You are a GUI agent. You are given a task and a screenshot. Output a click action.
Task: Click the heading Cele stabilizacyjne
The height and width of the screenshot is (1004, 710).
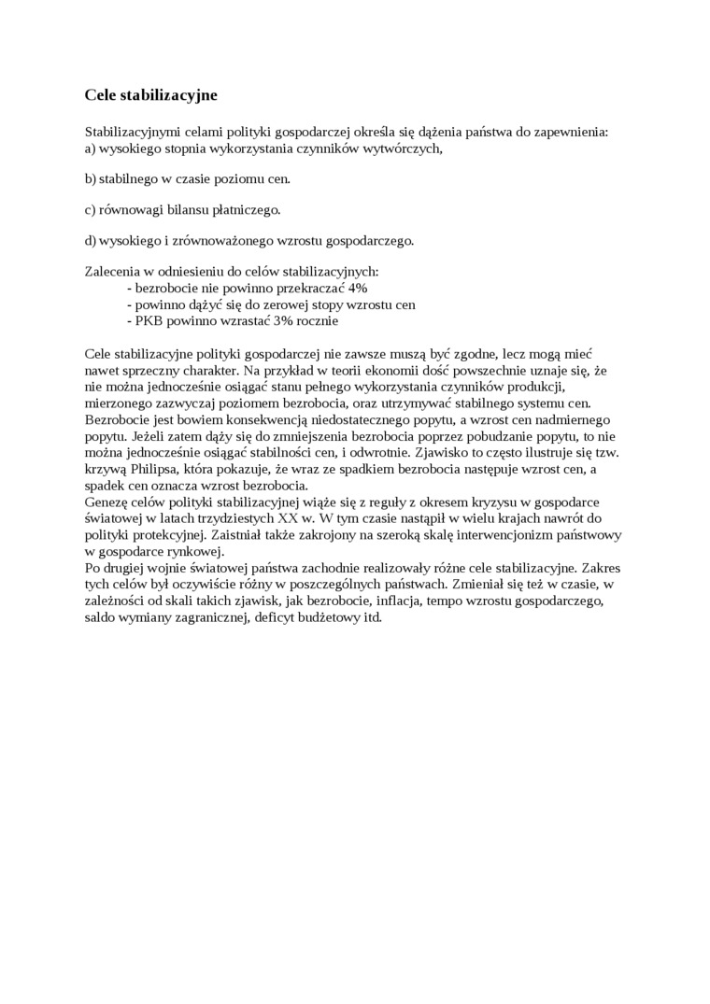coord(150,95)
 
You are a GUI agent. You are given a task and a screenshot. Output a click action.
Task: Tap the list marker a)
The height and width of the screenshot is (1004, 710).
coord(91,148)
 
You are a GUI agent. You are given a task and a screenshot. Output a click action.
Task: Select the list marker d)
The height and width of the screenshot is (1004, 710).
coord(91,240)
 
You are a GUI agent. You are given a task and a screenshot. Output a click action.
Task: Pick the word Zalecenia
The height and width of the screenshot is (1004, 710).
coord(113,272)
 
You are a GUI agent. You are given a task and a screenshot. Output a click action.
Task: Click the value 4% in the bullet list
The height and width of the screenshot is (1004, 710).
coord(358,288)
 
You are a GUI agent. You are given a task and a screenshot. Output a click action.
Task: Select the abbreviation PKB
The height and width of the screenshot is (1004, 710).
coord(150,319)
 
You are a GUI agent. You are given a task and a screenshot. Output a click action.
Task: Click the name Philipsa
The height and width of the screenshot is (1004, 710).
coord(163,469)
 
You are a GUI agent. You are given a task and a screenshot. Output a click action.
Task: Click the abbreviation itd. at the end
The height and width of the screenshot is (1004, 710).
coord(373,617)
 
